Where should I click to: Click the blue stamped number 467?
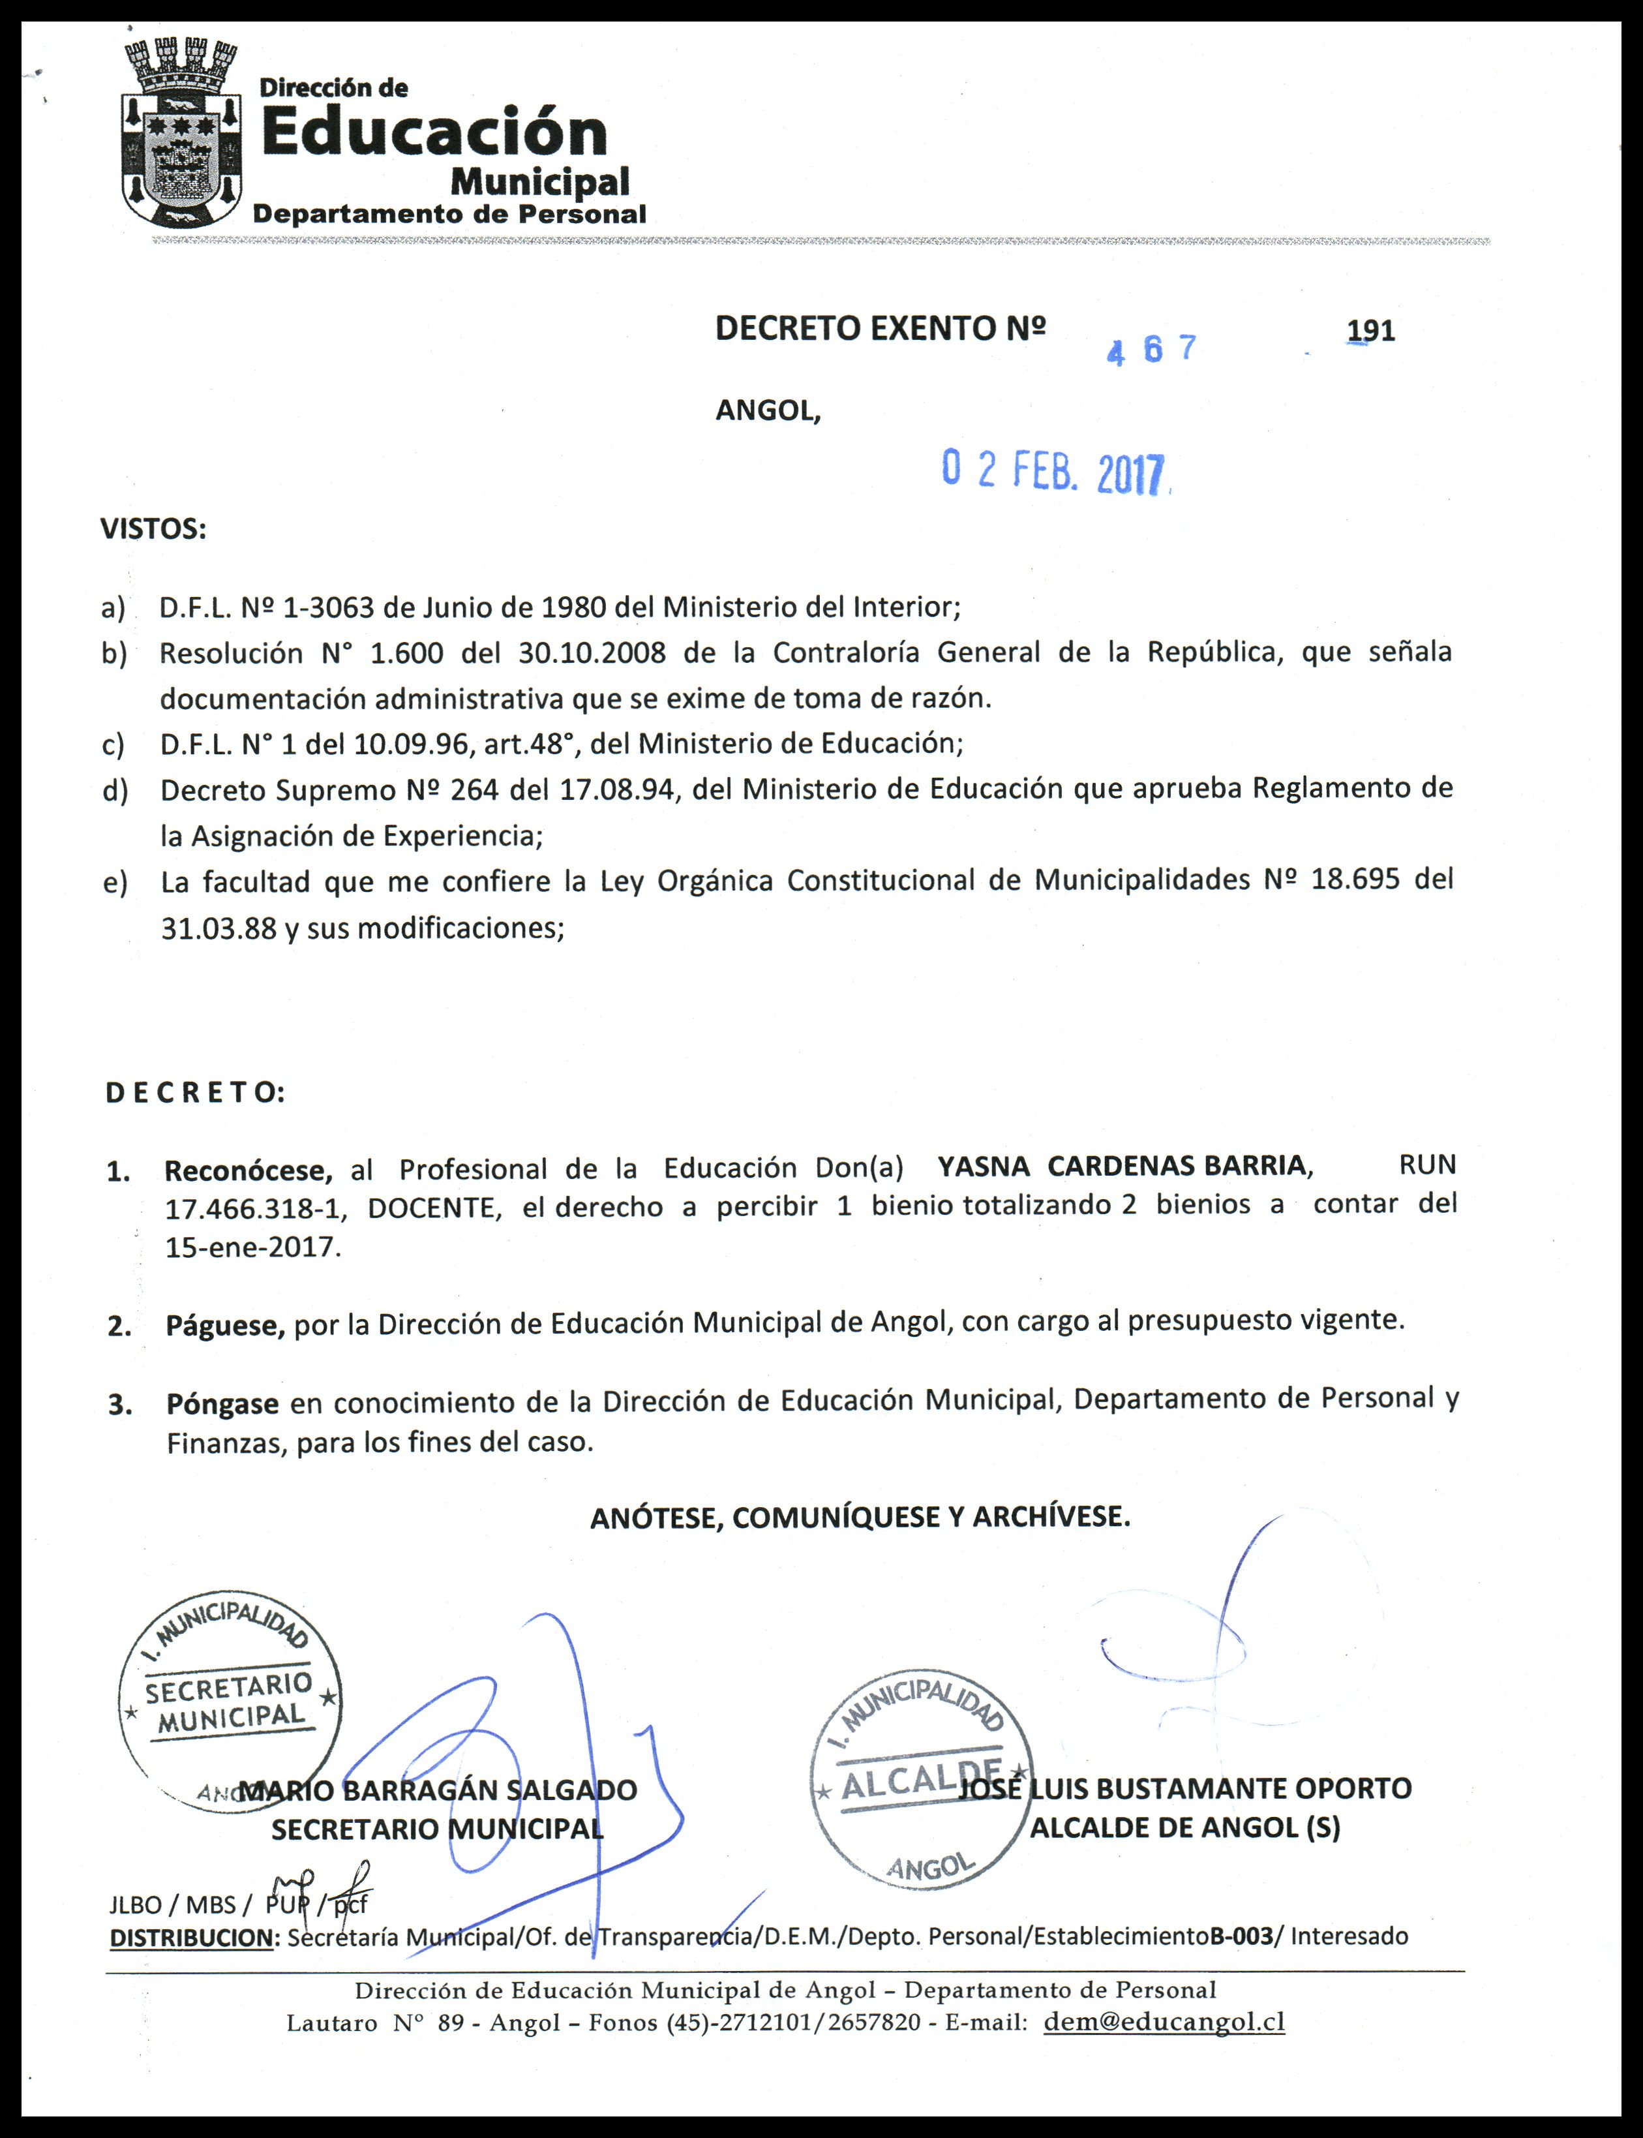(x=1151, y=349)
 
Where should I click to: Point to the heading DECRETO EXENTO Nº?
(x=880, y=329)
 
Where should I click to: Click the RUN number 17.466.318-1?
(x=255, y=1209)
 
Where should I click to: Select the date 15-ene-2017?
(x=253, y=1248)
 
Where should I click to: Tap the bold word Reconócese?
(x=249, y=1170)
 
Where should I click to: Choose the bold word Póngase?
(x=222, y=1405)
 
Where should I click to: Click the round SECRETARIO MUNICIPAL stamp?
(x=230, y=1700)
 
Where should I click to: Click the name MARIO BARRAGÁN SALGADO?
(x=438, y=1790)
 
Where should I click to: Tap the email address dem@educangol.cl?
(x=1164, y=2022)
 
